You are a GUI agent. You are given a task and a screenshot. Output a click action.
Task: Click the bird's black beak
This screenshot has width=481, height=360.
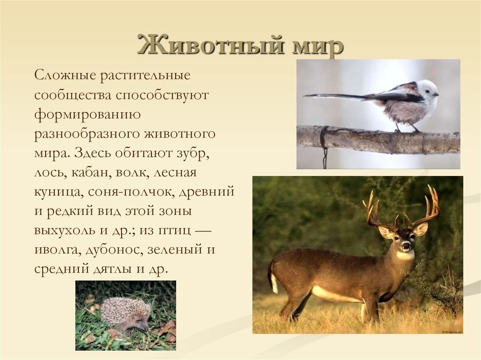click(x=437, y=94)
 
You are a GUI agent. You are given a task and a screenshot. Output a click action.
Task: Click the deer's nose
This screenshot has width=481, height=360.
click(x=406, y=245)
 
